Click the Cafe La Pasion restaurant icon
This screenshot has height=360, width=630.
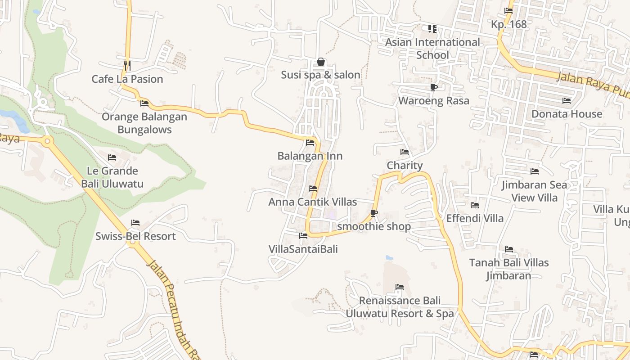(x=127, y=66)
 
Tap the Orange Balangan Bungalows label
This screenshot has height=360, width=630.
(x=144, y=123)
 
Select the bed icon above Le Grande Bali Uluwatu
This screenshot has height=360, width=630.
(x=112, y=157)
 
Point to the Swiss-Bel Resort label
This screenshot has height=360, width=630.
(x=135, y=236)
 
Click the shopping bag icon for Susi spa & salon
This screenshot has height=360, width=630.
(x=321, y=62)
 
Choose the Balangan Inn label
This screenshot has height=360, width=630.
(x=310, y=156)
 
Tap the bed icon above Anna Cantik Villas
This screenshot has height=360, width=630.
(x=313, y=189)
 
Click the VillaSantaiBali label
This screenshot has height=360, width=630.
(x=303, y=249)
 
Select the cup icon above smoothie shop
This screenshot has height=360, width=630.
(x=373, y=213)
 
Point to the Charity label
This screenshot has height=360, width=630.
(x=405, y=166)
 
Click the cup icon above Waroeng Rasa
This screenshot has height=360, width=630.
(x=433, y=87)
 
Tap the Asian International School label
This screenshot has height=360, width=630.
(x=432, y=48)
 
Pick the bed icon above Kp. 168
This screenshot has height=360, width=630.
(x=508, y=11)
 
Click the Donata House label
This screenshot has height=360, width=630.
(x=567, y=114)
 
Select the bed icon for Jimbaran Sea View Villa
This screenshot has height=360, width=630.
(x=535, y=171)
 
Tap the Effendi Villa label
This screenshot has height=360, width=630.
(x=475, y=218)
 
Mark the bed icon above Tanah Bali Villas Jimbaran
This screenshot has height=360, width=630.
(x=509, y=249)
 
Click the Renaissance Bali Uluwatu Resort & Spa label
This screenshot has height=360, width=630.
(x=400, y=307)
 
